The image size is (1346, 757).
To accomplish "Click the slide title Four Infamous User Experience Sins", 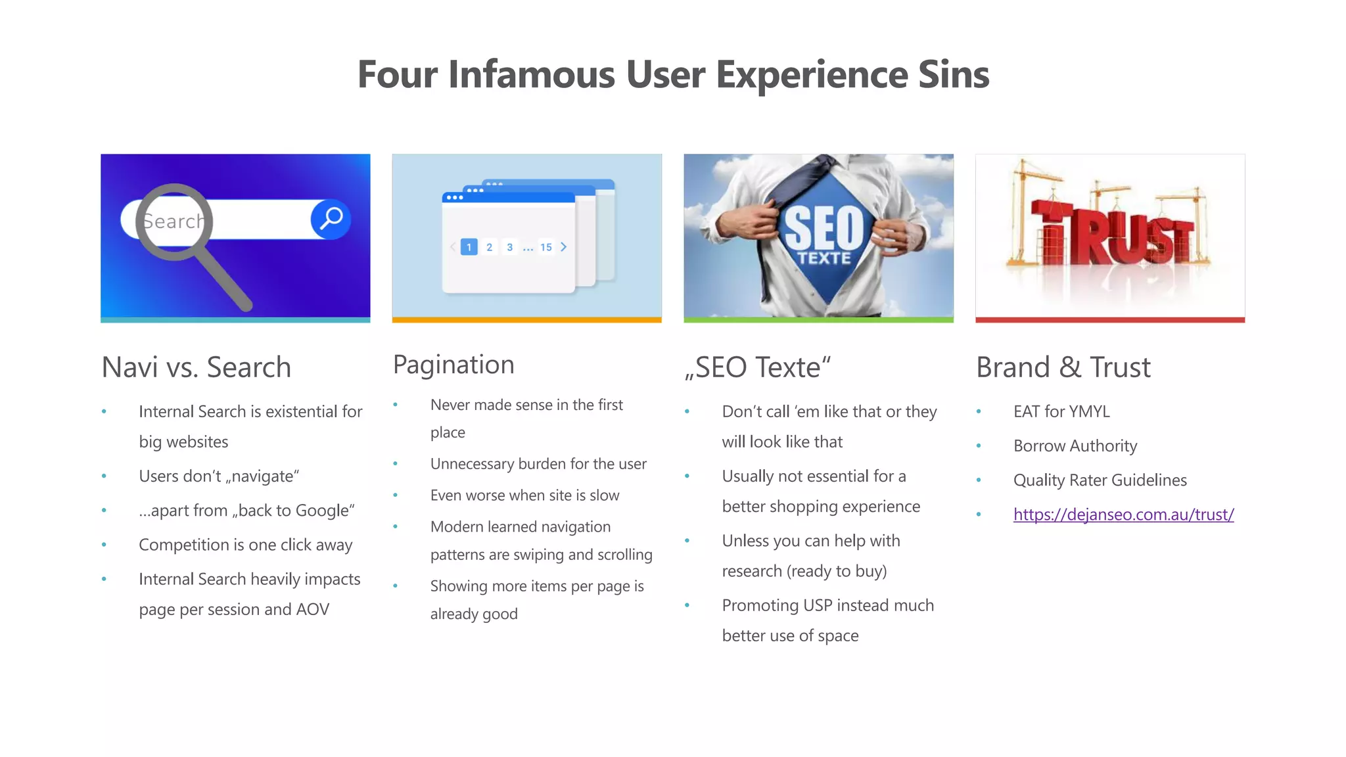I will coord(673,74).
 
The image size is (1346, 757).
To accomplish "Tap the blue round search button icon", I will coord(331,219).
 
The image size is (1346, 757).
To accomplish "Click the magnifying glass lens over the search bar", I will coord(174,221).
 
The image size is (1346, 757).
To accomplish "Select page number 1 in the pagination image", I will coord(469,247).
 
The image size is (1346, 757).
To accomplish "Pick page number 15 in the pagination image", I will coord(546,247).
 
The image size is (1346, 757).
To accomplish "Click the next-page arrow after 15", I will coord(564,247).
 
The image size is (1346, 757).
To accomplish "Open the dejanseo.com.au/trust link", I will coord(1123,515).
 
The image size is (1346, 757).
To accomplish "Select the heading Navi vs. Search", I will coord(196,367).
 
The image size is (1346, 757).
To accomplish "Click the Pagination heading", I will coord(453,365).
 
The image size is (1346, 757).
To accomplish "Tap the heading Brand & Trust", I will coord(1063,367).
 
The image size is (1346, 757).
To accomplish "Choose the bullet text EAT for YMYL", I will coord(1061,411).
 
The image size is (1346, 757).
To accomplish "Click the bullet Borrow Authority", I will coord(1075,446).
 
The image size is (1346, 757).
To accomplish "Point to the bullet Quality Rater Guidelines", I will coord(1100,480).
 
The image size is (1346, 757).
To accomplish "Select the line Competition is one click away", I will coord(245,545).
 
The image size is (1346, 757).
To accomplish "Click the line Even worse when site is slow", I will coord(524,495).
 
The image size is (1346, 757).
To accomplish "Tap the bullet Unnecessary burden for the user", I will coord(538,464).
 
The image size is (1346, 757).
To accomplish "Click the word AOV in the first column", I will coord(312,609).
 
